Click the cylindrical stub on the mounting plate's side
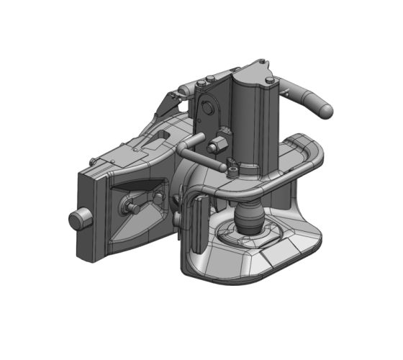tap(75, 219)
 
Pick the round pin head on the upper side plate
tap(209, 108)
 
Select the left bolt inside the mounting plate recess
tap(134, 207)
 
